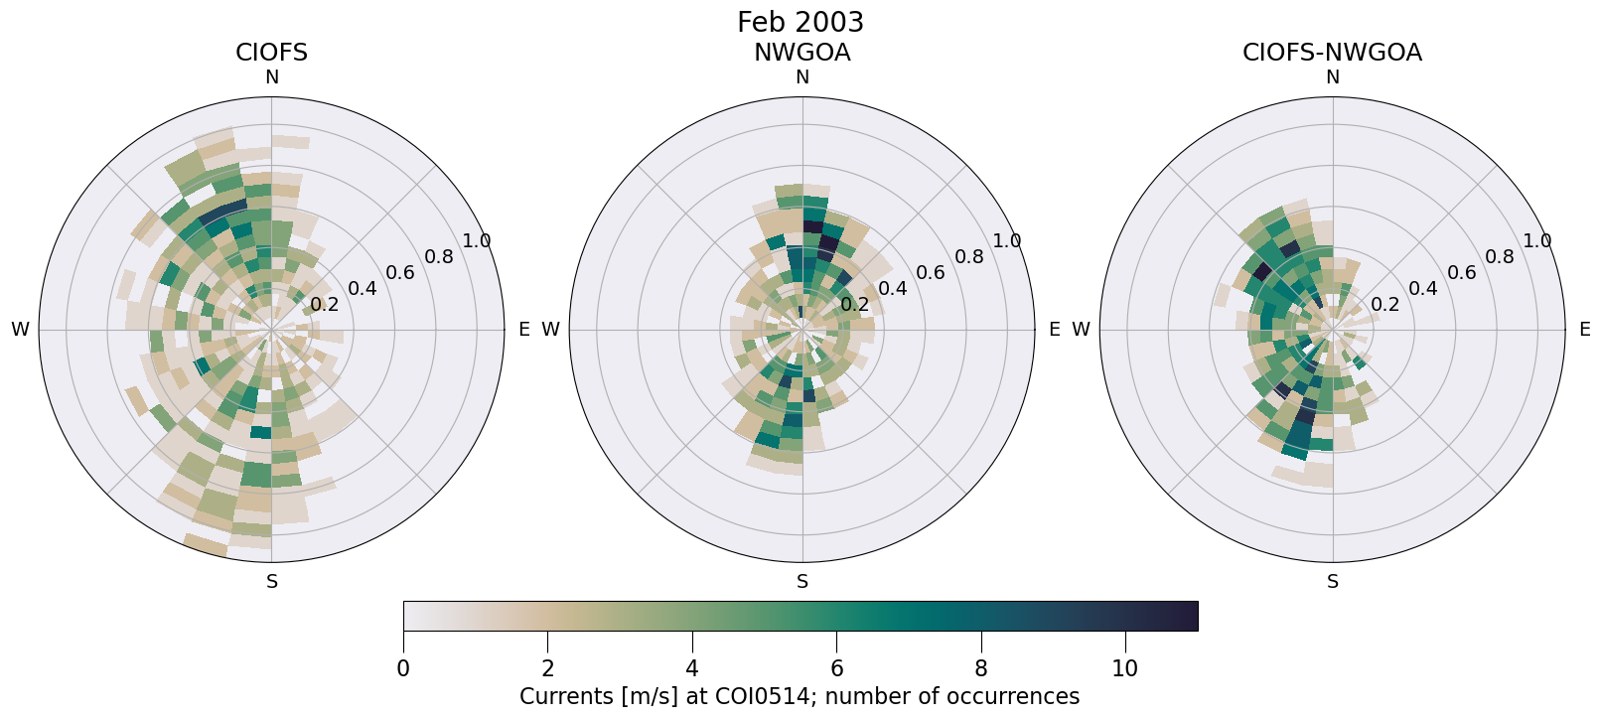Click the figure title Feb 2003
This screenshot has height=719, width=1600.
pyautogui.click(x=800, y=22)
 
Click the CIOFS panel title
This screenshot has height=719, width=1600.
pyautogui.click(x=271, y=53)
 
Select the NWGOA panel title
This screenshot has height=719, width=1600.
pyautogui.click(x=801, y=53)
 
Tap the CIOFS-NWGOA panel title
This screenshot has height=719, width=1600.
pyautogui.click(x=1332, y=53)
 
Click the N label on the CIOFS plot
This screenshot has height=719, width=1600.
pyautogui.click(x=271, y=77)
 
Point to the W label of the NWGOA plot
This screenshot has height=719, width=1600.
pyautogui.click(x=550, y=330)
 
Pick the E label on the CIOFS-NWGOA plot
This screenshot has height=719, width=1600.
pyautogui.click(x=1584, y=330)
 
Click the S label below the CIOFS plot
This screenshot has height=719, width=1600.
pyautogui.click(x=271, y=582)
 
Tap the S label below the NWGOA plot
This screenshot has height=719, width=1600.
pyautogui.click(x=801, y=582)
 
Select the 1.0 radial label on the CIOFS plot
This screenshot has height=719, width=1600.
pyautogui.click(x=477, y=241)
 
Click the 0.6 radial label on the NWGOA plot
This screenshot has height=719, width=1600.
pyautogui.click(x=930, y=273)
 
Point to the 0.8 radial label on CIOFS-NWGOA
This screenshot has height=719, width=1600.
pyautogui.click(x=1500, y=257)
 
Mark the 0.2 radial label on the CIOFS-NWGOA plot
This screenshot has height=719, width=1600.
pyautogui.click(x=1384, y=304)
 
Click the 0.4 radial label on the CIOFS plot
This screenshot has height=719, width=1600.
pyautogui.click(x=363, y=289)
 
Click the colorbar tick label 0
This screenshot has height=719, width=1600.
pyautogui.click(x=403, y=669)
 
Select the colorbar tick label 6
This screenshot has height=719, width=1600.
pyautogui.click(x=836, y=669)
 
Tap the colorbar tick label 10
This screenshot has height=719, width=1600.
pyautogui.click(x=1124, y=669)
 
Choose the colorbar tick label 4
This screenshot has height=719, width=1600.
pyautogui.click(x=692, y=669)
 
